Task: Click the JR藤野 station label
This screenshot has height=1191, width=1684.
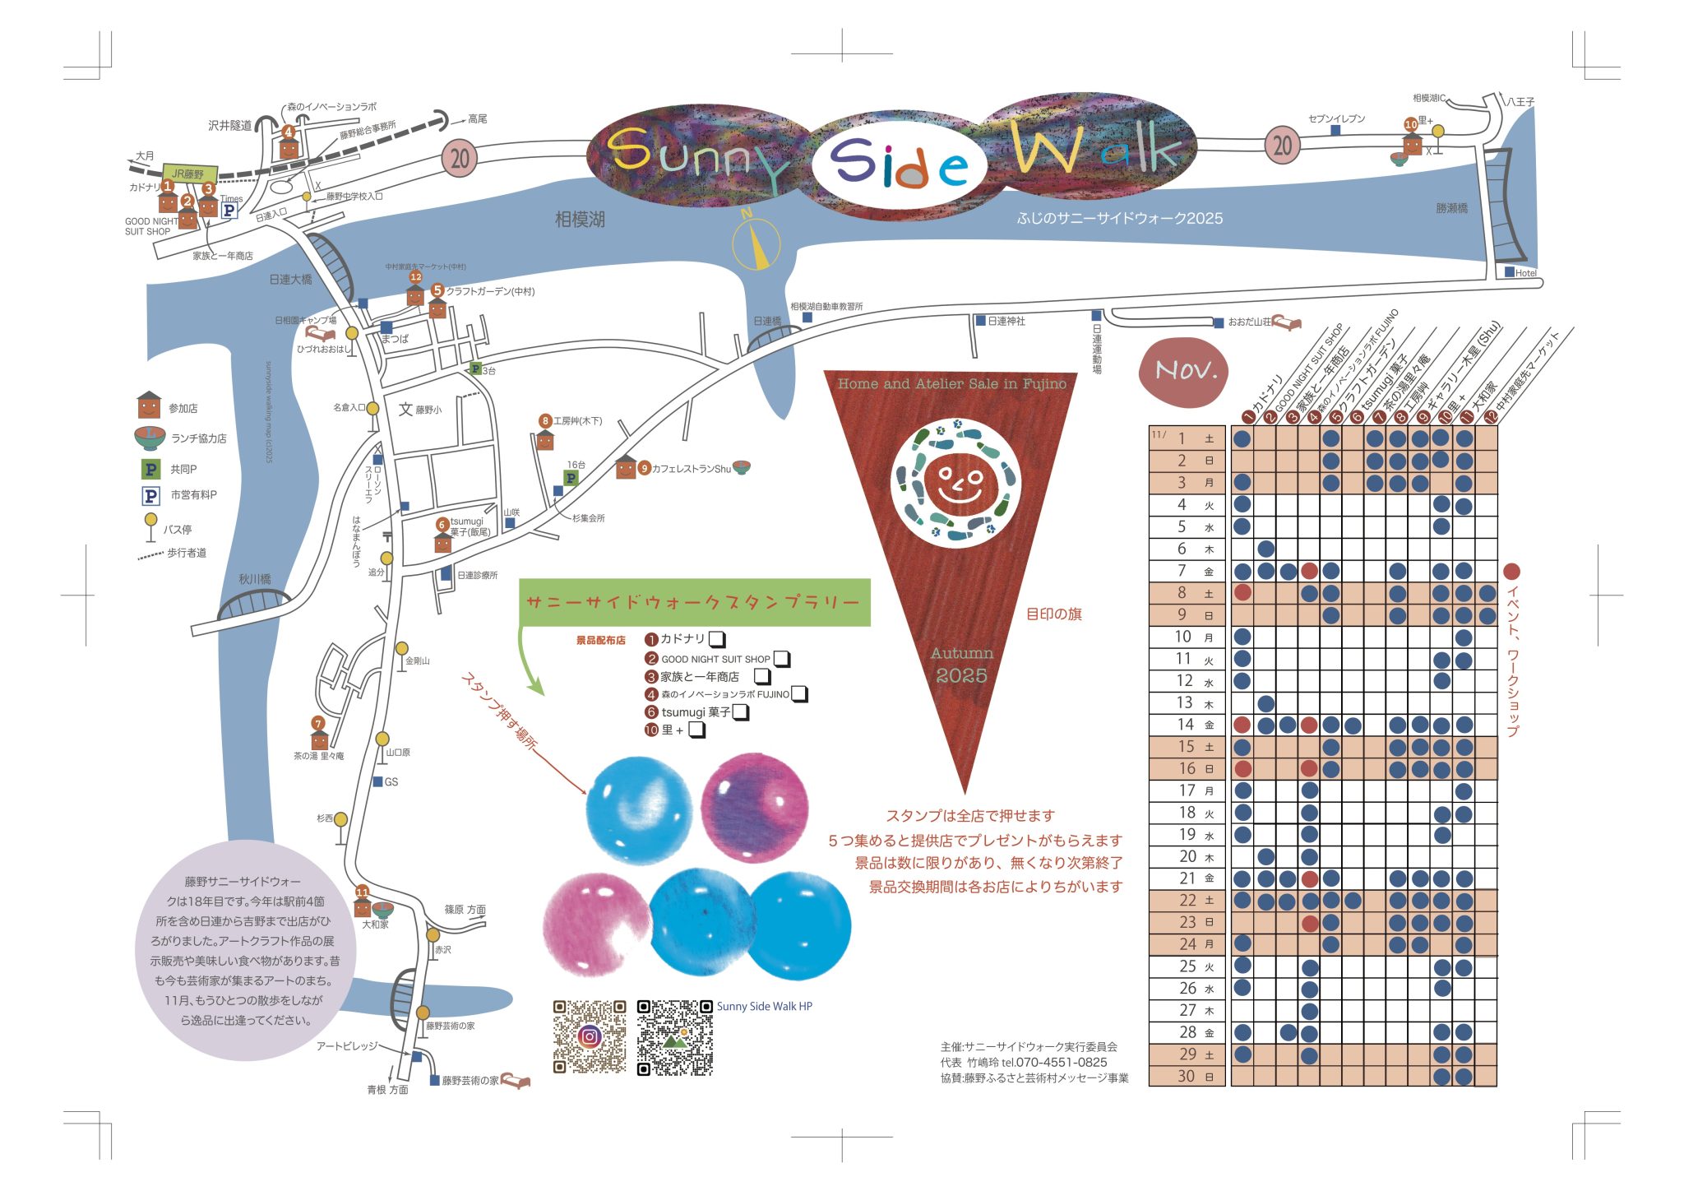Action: (x=188, y=174)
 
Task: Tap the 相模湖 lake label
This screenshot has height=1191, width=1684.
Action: (x=580, y=219)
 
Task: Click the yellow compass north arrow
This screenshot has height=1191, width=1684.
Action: (x=757, y=243)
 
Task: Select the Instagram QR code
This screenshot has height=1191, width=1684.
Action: (x=589, y=1036)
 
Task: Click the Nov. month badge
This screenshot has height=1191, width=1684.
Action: (x=1184, y=372)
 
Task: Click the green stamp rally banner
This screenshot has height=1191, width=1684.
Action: (x=694, y=602)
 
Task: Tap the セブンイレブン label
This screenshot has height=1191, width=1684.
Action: (x=1336, y=118)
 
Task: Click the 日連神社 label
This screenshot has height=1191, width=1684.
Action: (x=1006, y=321)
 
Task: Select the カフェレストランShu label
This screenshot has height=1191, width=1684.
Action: (x=691, y=469)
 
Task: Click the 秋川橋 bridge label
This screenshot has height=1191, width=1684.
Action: (x=255, y=579)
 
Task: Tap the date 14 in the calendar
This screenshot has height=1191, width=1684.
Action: (x=1185, y=725)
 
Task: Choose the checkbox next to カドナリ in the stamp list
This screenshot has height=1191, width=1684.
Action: (x=717, y=639)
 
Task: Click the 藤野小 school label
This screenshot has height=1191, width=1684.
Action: (x=428, y=410)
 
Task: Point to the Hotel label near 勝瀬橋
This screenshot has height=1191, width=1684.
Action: (x=1525, y=273)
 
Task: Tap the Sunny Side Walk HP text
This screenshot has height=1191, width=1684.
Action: (x=764, y=1006)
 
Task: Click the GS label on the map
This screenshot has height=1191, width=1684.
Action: (x=391, y=781)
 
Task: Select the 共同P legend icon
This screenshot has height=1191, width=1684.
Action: (x=151, y=469)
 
